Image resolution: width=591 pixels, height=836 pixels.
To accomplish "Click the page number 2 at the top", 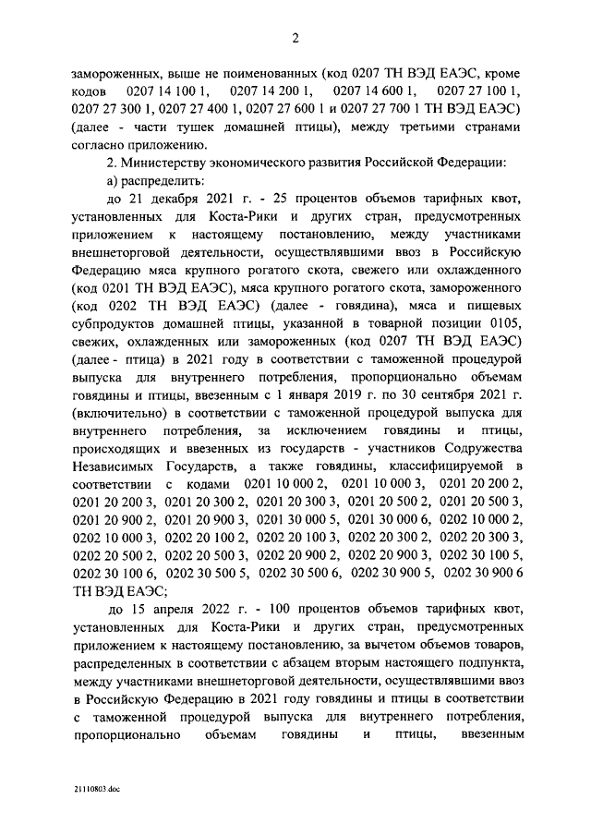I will pyautogui.click(x=295, y=38).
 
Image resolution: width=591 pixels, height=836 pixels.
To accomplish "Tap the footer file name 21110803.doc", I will pyautogui.click(x=101, y=793).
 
